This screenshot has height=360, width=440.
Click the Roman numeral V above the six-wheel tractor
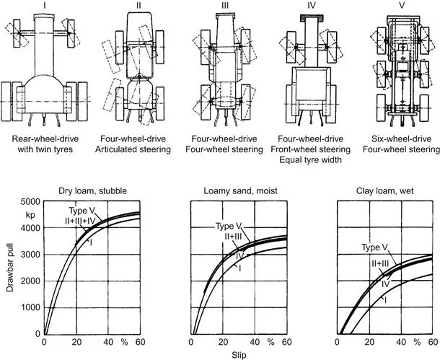pos(401,5)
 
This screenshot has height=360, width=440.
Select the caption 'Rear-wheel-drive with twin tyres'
pos(45,144)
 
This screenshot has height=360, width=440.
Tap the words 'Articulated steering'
pos(133,149)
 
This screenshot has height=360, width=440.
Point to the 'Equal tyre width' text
pos(311,160)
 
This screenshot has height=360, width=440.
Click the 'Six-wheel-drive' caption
pos(401,139)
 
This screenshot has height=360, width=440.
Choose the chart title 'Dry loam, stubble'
pos(92,191)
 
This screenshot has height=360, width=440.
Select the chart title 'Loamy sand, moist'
pos(240,191)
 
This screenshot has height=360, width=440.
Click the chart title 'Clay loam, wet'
pos(385,191)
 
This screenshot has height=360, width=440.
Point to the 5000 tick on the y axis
pos(30,202)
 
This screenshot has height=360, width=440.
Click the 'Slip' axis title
pos(239,355)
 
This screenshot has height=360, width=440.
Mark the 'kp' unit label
pos(30,215)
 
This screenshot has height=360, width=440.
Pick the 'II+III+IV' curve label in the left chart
pos(80,221)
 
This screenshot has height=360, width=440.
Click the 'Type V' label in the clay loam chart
pos(374,247)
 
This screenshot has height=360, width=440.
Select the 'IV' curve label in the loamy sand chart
pos(239,256)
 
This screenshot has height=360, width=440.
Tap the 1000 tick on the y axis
pos(30,307)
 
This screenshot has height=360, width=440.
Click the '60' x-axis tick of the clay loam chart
pos(433,342)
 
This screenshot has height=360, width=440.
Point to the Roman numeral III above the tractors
pos(225,5)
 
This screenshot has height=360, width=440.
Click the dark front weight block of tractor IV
pos(311,18)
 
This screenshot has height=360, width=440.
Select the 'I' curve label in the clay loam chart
pos(385,301)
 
